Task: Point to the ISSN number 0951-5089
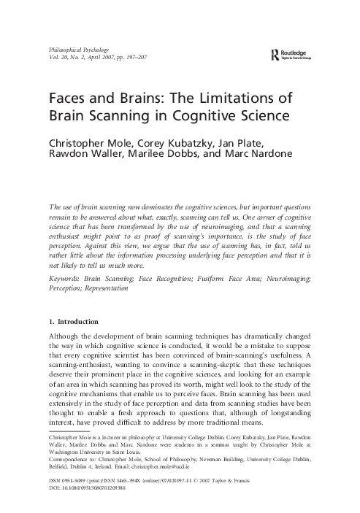point(77,482)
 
